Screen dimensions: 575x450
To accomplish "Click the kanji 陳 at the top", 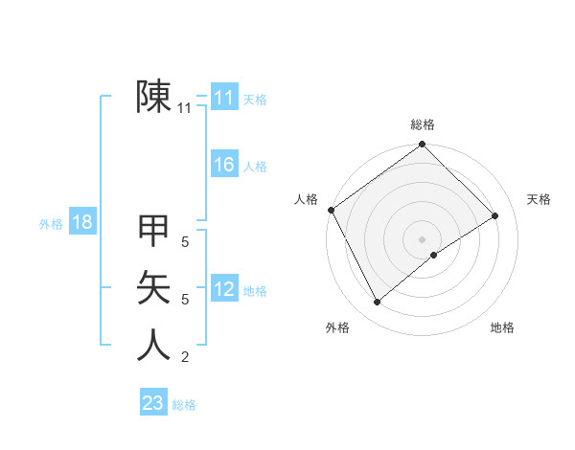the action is tap(154, 98).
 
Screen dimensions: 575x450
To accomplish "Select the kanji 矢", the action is tap(154, 287).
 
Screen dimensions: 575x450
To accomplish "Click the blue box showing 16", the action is tap(223, 165).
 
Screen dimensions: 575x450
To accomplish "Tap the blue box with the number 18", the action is tap(81, 223).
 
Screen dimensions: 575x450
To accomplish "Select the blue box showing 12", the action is tap(223, 289).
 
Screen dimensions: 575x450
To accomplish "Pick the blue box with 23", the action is tap(152, 403).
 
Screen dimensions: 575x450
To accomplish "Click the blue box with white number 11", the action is tap(223, 98).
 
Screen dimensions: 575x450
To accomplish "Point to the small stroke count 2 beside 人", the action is tap(184, 358).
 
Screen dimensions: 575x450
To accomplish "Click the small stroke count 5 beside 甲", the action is tap(184, 243).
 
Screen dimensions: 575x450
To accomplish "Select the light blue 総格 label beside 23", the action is tap(184, 405).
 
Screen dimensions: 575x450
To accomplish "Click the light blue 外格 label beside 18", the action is tap(51, 225).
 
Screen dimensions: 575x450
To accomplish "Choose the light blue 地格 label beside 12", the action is tap(255, 291).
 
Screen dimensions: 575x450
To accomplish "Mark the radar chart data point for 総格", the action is tap(422, 146).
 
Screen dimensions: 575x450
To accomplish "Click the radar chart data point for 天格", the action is tap(495, 216).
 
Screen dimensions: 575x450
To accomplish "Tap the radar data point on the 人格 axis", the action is tap(332, 210).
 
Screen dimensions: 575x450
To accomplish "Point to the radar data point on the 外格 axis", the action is tap(377, 303).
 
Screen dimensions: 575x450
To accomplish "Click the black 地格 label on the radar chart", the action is tap(502, 327).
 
